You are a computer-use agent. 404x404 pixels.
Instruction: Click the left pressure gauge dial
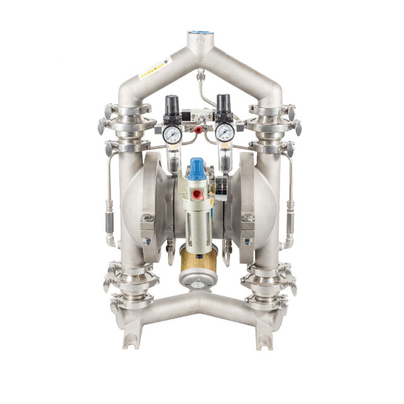(171, 134)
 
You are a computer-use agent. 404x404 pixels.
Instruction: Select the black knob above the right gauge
(223, 102)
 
